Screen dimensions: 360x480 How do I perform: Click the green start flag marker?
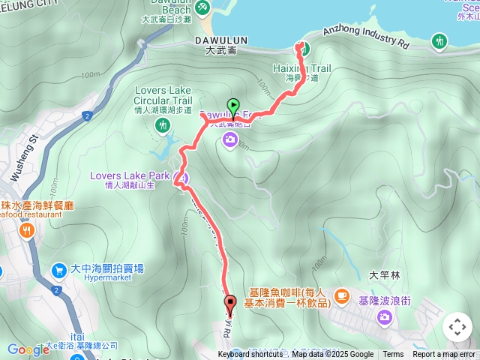click(x=232, y=107)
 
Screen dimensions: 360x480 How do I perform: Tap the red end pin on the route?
click(x=229, y=304)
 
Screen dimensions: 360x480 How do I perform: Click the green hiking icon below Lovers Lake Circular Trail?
click(x=163, y=126)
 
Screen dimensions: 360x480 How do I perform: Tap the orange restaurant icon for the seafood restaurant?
click(x=28, y=231)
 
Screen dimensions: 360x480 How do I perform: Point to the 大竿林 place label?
click(x=385, y=275)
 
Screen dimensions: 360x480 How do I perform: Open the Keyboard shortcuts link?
click(x=250, y=355)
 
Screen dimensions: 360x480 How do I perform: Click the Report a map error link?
click(x=444, y=355)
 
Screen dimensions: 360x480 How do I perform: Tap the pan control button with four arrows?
click(x=457, y=327)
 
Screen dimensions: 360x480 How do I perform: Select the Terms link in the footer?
click(x=393, y=355)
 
